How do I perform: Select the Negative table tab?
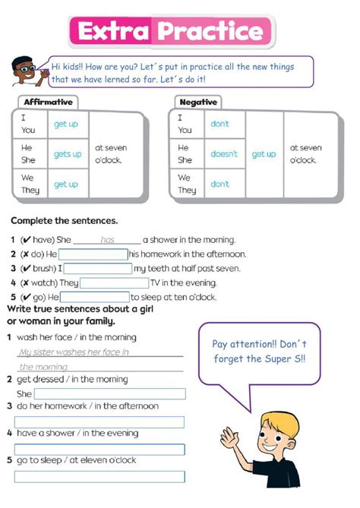pos(199,102)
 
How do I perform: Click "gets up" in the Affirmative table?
pos(68,154)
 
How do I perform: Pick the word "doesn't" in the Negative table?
pos(224,154)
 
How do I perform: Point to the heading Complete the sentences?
pos(64,221)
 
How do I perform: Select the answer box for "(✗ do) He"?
pos(93,254)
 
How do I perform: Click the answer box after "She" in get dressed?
pos(109,394)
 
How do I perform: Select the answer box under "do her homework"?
pos(99,421)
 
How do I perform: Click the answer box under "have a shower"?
pos(99,450)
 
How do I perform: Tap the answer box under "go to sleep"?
pos(99,477)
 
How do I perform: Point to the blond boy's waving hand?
pos(229,437)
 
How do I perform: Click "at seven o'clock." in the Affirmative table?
pos(111,154)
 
